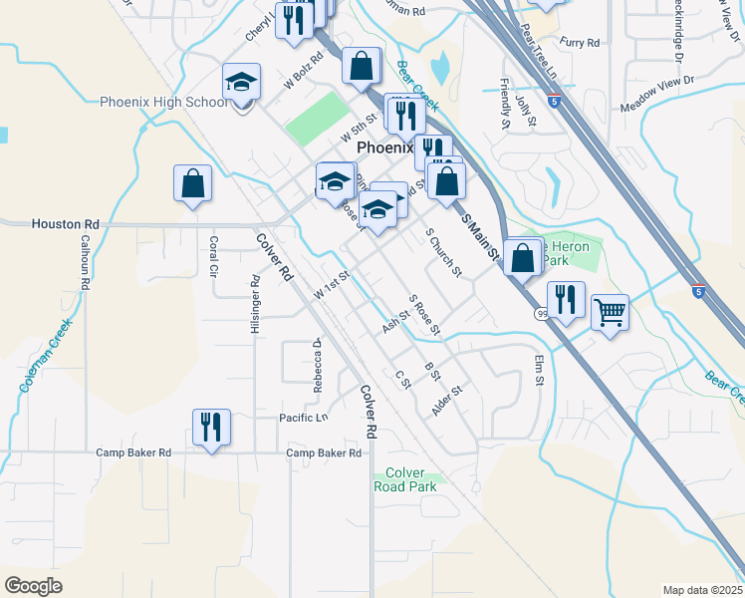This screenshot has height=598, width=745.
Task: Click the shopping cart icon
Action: point(610,312)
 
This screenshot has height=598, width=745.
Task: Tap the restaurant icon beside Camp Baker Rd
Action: point(211,428)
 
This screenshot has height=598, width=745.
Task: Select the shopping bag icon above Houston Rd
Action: point(192,183)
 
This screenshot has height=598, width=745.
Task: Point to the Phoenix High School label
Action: point(164,102)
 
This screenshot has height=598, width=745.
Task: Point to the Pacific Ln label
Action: point(303,418)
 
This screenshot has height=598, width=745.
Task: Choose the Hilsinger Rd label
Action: point(256,305)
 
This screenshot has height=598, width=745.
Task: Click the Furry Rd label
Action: point(580,43)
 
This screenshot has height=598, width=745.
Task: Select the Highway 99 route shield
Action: point(541,314)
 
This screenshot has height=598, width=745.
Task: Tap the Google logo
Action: point(33,586)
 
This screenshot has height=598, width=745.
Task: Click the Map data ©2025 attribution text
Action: point(702,590)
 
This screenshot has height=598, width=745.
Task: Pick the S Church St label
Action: point(443,252)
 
